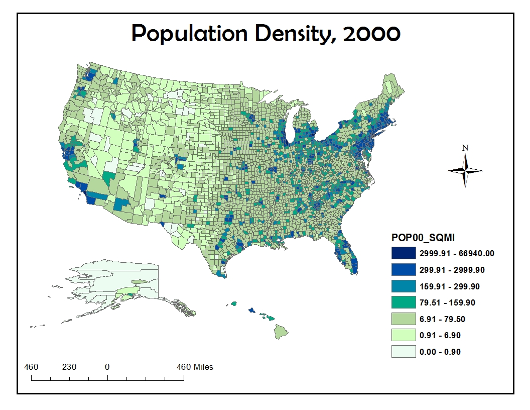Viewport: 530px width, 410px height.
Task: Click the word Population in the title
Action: [189, 34]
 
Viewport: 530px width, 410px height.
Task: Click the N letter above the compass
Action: [465, 148]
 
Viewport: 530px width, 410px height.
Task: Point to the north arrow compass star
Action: [465, 170]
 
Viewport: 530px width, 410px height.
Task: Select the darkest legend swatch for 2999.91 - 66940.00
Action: [404, 253]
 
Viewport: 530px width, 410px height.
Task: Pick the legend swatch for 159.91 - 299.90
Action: [404, 286]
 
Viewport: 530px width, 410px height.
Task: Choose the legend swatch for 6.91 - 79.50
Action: [404, 319]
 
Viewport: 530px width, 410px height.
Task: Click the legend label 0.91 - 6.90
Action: [440, 335]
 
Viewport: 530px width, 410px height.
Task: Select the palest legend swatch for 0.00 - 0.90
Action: [404, 352]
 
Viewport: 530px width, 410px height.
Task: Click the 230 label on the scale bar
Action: [69, 367]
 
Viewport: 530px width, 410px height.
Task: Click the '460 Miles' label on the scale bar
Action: [195, 367]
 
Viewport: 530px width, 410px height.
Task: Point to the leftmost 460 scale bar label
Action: [32, 367]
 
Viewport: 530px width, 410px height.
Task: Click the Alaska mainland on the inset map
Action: [115, 281]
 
